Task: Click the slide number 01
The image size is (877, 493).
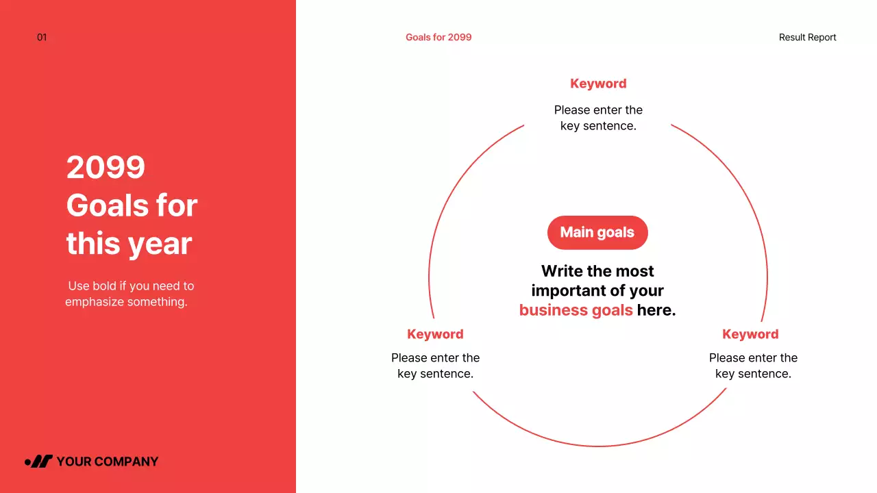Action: [x=42, y=38]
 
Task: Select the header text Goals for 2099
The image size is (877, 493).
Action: [x=438, y=38]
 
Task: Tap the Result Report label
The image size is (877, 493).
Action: [x=807, y=38]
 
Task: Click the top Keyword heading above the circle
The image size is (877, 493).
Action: [x=598, y=84]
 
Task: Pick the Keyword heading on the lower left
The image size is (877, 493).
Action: [x=435, y=334]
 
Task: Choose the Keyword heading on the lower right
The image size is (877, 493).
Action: [x=750, y=334]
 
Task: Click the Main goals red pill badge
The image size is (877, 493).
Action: [x=597, y=233]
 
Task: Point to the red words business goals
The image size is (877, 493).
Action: [x=576, y=310]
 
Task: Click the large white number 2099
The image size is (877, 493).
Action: [x=106, y=167]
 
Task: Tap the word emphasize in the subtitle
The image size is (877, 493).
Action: [x=95, y=302]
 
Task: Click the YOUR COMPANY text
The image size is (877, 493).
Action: [x=107, y=462]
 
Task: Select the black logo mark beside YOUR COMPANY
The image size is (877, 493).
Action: [x=39, y=462]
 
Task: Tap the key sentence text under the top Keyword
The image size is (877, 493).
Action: [x=598, y=118]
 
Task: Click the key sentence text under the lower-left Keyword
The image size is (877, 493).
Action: [x=435, y=366]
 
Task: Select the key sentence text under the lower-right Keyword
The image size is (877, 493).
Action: [x=753, y=366]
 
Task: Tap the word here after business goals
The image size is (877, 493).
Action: [x=656, y=310]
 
